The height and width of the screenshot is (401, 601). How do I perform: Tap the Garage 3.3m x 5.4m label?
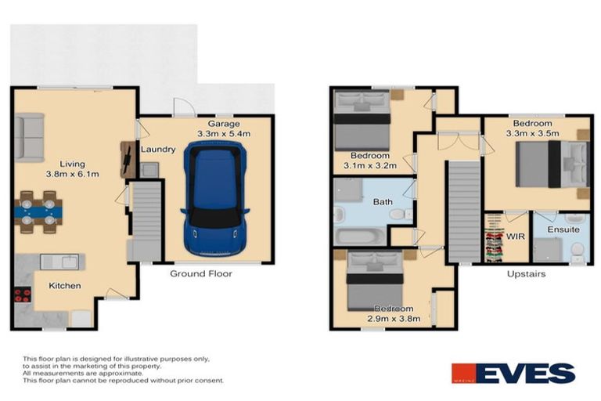point(223,129)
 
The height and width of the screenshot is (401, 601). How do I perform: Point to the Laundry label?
point(157,149)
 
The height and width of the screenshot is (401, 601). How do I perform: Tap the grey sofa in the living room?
point(28,137)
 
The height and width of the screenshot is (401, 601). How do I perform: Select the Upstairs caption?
point(525,274)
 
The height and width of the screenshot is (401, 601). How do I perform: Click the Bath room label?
point(383,202)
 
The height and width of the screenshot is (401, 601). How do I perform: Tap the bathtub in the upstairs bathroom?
point(359,236)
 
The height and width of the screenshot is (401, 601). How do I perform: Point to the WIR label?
point(514,233)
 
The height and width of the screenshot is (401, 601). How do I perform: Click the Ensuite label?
point(563,229)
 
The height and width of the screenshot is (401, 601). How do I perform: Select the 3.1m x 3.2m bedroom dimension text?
point(369,165)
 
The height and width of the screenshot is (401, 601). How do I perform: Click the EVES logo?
point(513,374)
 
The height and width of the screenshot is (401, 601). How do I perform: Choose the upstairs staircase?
point(463,211)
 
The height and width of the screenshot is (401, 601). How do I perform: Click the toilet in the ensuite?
point(578,250)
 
